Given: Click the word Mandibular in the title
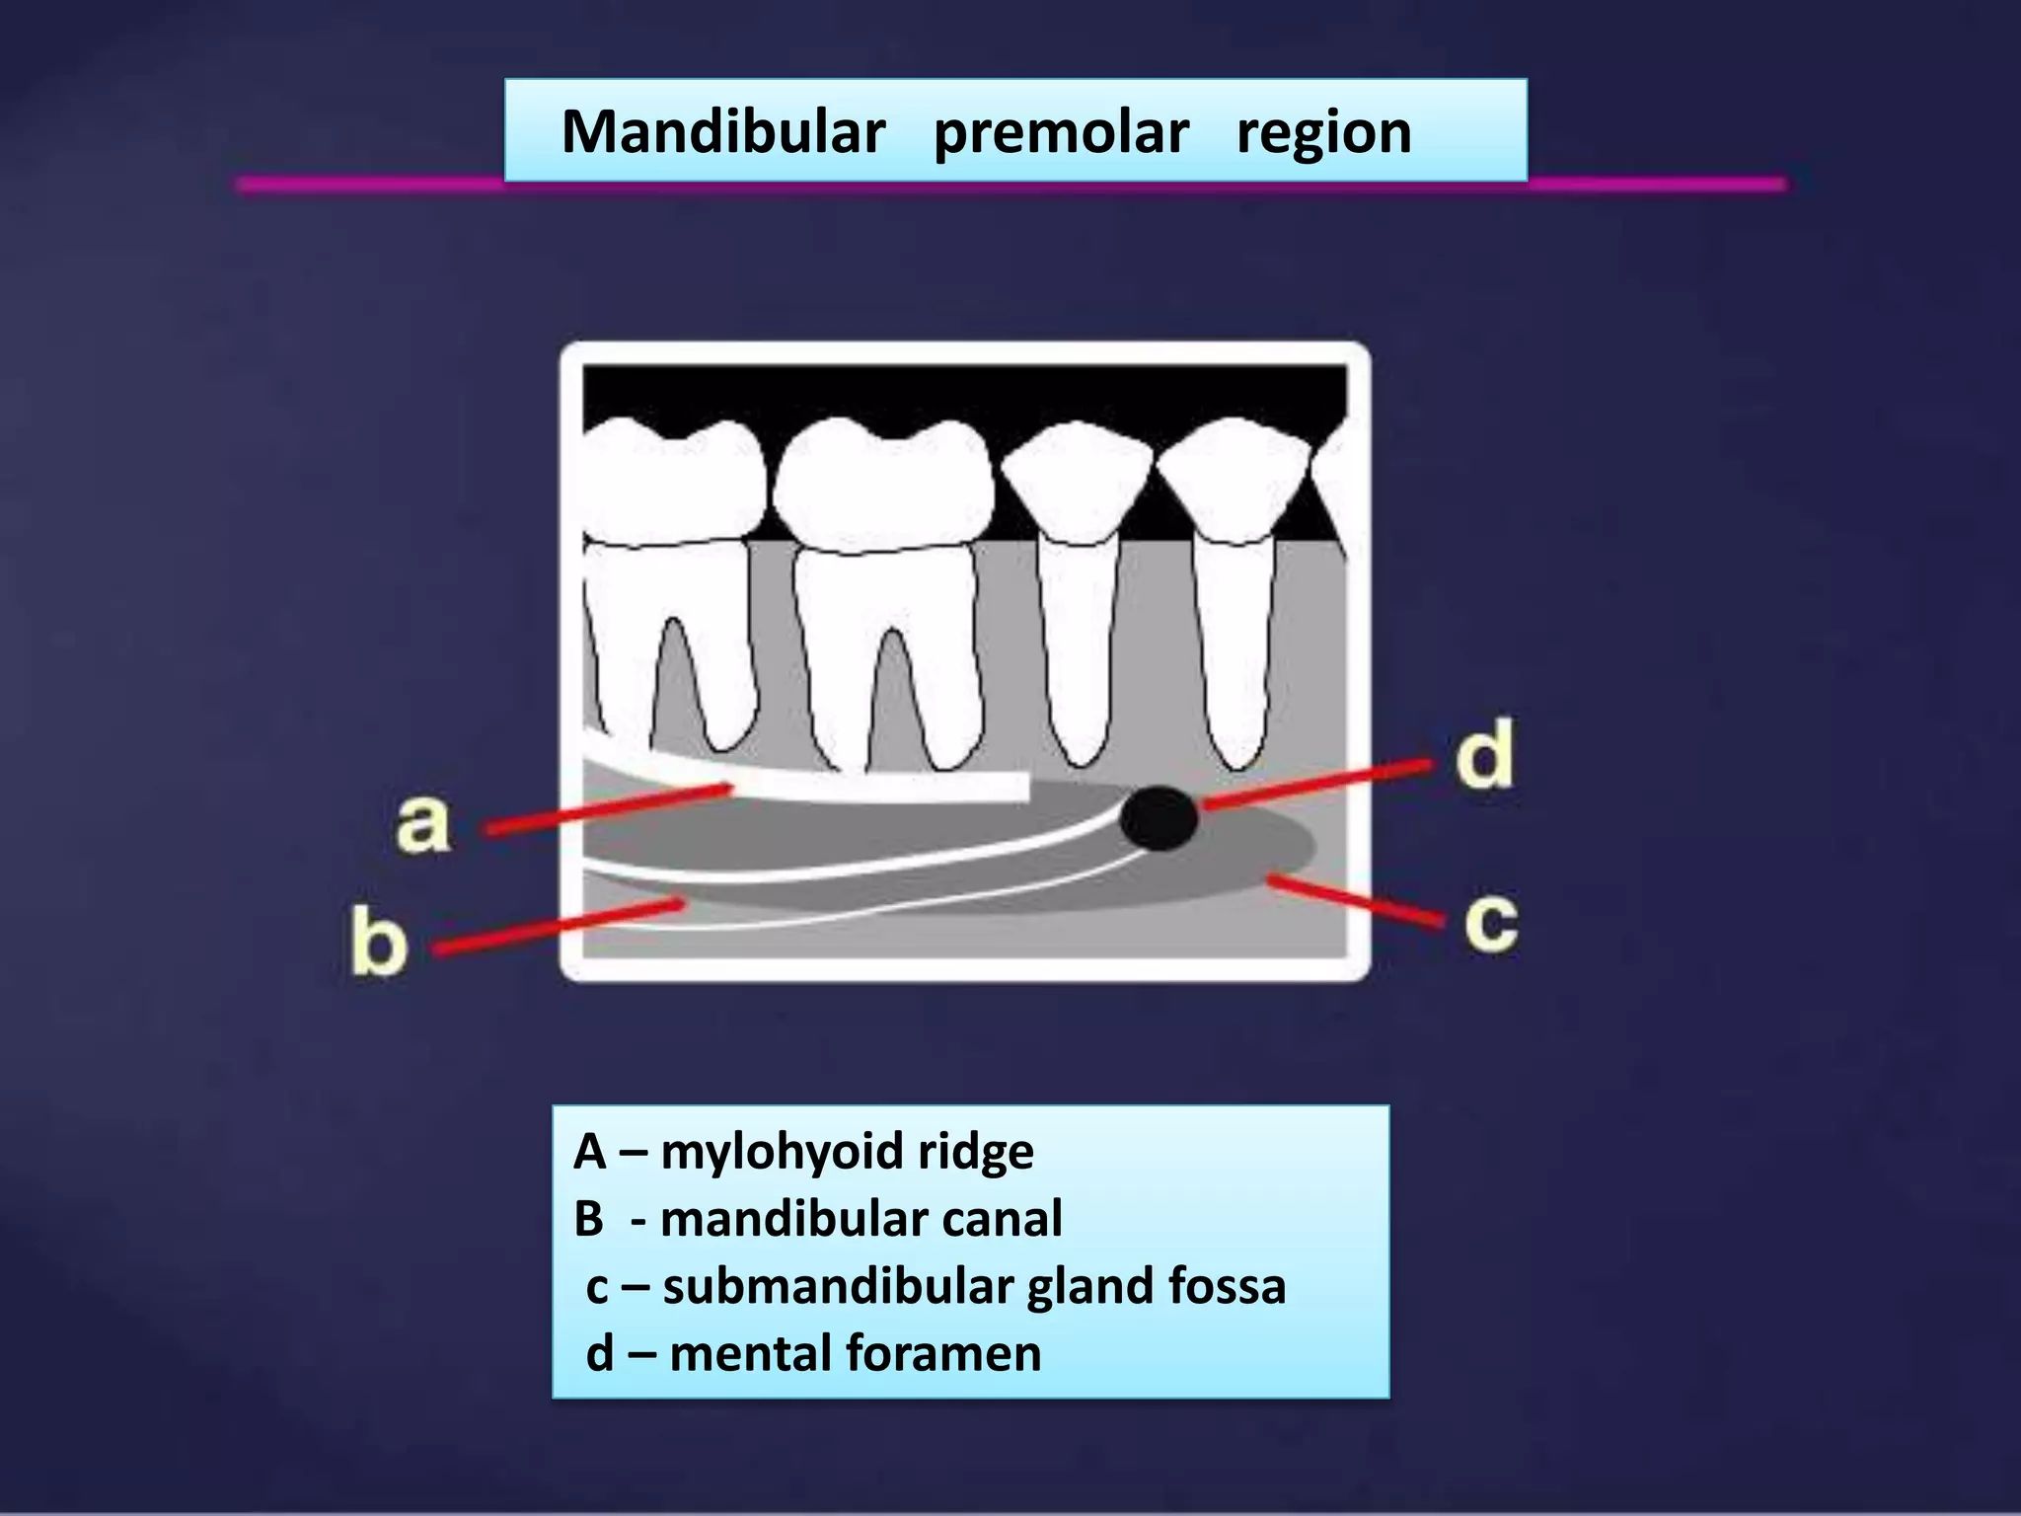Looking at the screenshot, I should pyautogui.click(x=722, y=132).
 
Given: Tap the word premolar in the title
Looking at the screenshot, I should pyautogui.click(x=1061, y=132).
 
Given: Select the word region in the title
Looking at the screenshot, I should pyautogui.click(x=1323, y=132).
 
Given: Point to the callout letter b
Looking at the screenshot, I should pyautogui.click(x=378, y=942).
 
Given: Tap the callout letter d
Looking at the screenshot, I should pyautogui.click(x=1484, y=754).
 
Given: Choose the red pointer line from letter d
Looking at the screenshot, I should pyautogui.click(x=1317, y=785).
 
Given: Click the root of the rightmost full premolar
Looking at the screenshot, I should pyautogui.click(x=1234, y=651).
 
